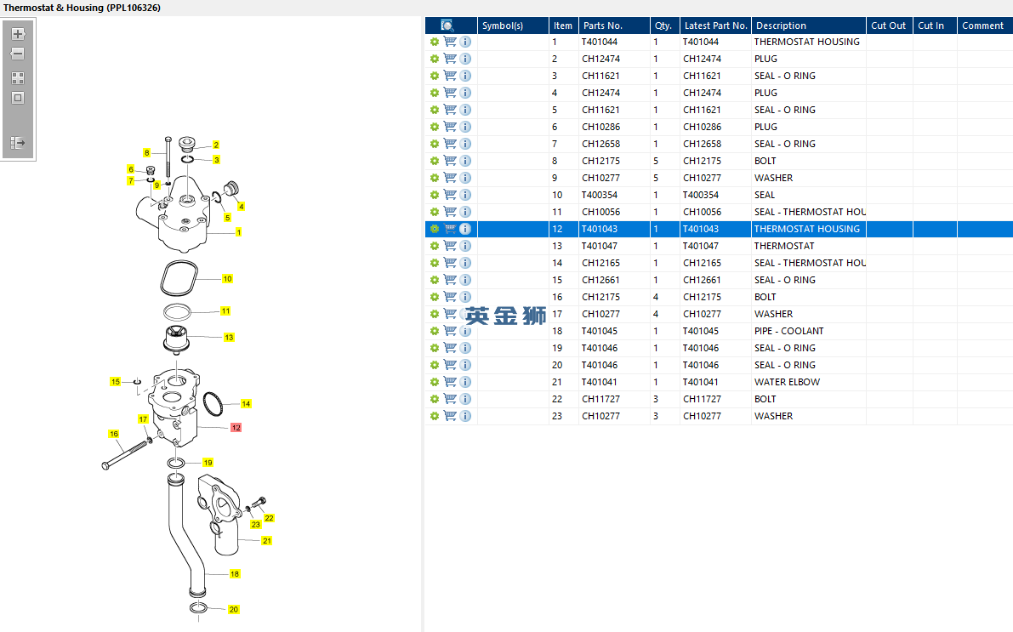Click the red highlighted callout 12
click(236, 428)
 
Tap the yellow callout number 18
click(235, 574)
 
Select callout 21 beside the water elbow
click(267, 541)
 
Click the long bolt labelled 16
click(127, 453)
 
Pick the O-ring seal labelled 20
click(198, 607)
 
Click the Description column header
click(781, 26)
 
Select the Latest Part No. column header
click(715, 26)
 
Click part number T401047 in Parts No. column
click(600, 246)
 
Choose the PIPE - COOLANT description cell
click(788, 331)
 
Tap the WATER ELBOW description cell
click(787, 382)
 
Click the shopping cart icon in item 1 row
click(450, 42)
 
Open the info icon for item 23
click(465, 416)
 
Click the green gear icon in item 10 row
click(434, 195)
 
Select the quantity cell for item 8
click(656, 161)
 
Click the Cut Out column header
click(888, 26)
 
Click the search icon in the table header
click(447, 26)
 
